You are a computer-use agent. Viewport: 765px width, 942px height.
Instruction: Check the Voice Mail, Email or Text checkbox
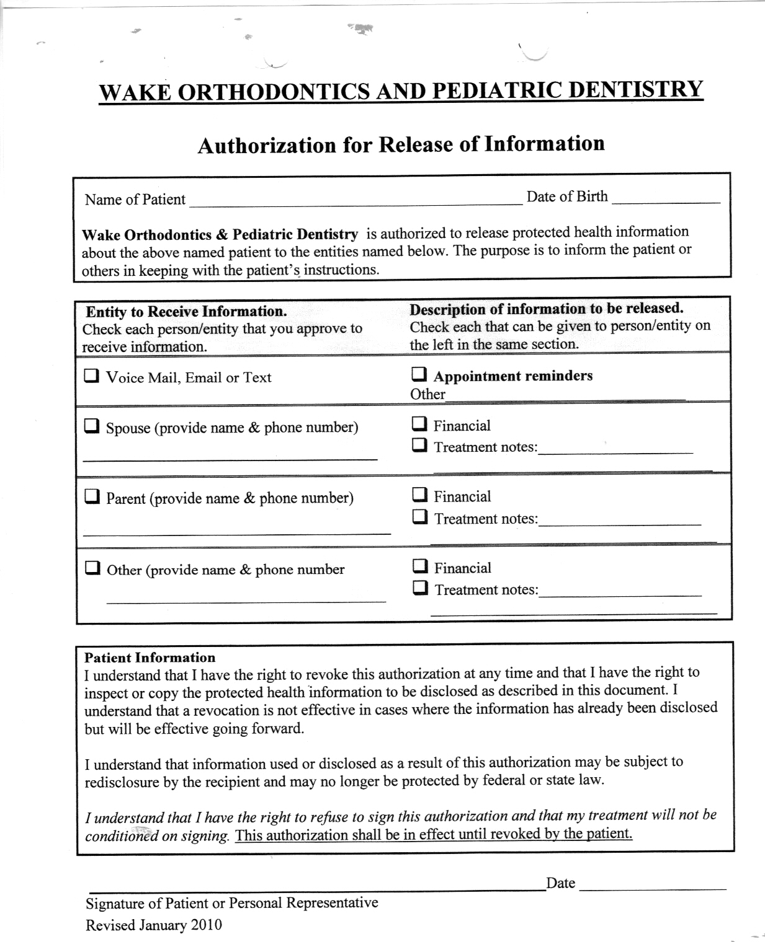click(x=91, y=376)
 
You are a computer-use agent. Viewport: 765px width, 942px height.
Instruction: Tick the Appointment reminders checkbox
click(x=419, y=374)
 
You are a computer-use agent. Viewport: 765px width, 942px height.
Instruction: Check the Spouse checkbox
click(x=91, y=426)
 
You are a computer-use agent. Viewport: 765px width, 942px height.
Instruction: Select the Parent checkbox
click(x=92, y=496)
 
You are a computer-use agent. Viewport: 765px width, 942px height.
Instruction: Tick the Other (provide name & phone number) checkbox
click(x=92, y=568)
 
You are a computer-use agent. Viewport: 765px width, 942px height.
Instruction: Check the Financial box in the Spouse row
click(x=419, y=424)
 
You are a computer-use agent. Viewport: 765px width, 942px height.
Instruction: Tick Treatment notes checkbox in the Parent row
click(x=420, y=517)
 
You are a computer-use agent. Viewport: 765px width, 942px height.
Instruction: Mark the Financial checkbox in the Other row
click(x=420, y=566)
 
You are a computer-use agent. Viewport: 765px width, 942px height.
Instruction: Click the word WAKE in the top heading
click(x=134, y=93)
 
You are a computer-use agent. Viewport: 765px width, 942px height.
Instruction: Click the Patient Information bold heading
click(x=150, y=658)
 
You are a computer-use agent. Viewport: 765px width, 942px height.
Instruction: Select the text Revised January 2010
click(x=153, y=925)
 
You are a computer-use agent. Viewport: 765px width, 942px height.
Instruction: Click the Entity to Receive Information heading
click(x=186, y=311)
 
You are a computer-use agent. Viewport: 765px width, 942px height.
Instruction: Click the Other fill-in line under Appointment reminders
click(x=565, y=396)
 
